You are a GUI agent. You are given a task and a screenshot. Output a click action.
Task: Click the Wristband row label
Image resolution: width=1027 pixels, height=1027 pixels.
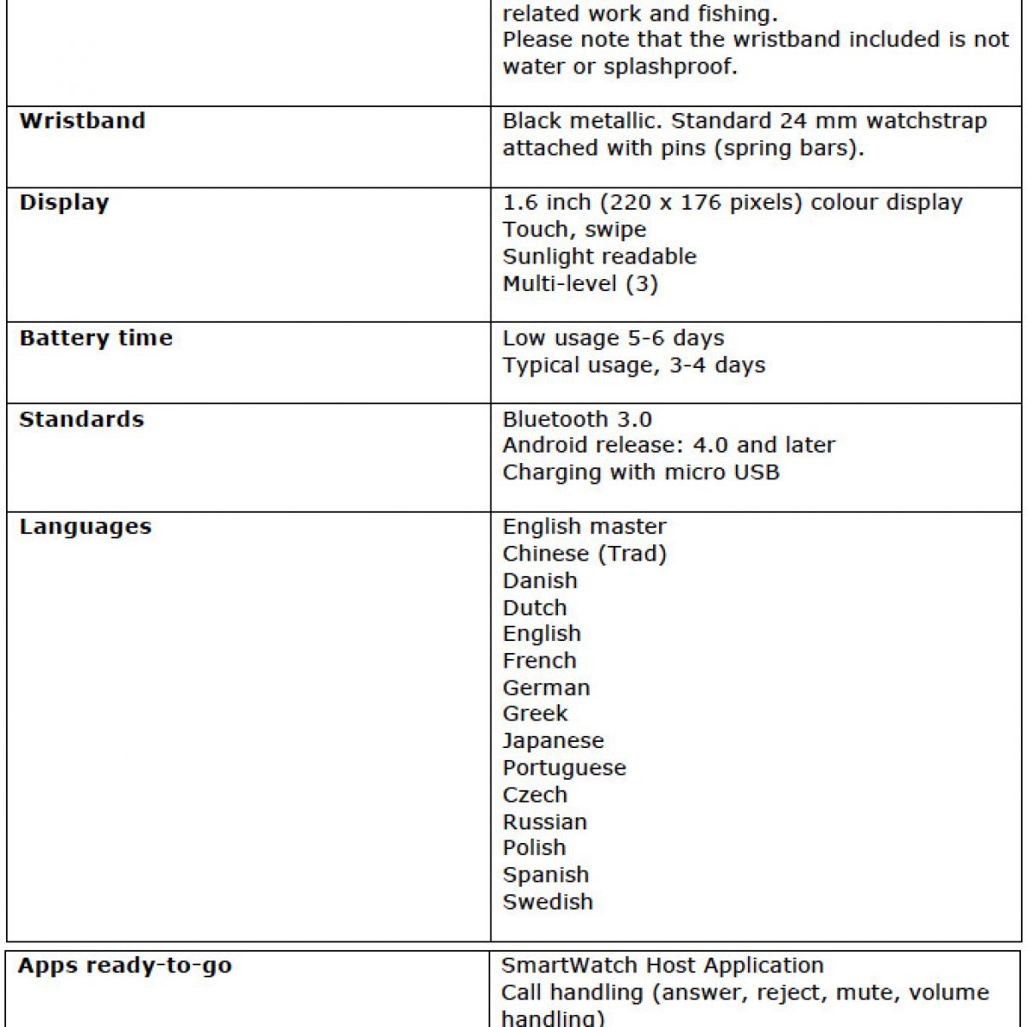coord(82,121)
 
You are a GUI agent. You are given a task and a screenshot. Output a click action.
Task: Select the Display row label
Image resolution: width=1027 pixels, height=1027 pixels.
coord(64,203)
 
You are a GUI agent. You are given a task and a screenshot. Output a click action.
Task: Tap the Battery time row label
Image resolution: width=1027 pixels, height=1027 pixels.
coord(96,338)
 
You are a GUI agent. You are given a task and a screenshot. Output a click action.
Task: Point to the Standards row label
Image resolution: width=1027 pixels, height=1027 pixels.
coord(81,419)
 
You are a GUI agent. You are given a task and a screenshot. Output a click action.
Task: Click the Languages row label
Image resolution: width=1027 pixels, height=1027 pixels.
coord(86,526)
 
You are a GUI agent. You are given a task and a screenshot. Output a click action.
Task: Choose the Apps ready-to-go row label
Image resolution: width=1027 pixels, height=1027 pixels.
coord(125,966)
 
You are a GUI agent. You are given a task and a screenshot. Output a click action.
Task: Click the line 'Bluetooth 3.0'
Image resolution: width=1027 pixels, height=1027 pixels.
coord(577,419)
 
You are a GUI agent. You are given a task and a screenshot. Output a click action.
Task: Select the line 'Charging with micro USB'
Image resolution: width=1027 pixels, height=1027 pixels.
coord(641,472)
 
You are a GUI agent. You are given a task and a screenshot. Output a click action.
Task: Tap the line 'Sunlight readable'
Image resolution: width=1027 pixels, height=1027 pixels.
coord(599,257)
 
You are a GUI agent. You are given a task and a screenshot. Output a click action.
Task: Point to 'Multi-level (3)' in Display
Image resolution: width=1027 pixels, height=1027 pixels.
coord(580,283)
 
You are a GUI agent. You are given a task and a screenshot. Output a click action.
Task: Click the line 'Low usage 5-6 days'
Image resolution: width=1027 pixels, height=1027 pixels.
coord(613,338)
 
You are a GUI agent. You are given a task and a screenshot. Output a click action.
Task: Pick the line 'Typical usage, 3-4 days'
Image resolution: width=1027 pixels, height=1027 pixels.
coord(633,365)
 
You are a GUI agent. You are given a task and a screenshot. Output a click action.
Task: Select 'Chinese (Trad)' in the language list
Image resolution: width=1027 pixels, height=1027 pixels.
coord(585,554)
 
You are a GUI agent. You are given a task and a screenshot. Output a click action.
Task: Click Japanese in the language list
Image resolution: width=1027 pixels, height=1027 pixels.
coord(553,740)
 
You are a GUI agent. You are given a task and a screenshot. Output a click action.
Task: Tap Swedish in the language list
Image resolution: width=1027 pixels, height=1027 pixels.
coord(548,902)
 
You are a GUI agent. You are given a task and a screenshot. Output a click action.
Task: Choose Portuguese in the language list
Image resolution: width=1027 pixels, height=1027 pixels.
coord(564,768)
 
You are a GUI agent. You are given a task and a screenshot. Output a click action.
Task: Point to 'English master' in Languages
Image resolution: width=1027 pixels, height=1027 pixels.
coord(584,526)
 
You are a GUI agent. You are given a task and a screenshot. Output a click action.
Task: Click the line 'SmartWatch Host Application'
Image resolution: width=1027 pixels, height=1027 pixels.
coord(662,965)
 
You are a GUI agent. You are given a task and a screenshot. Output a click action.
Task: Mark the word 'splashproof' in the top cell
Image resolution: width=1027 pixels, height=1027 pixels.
coord(668,67)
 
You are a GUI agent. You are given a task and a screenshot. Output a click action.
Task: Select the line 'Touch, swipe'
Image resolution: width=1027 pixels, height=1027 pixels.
coord(574,229)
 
